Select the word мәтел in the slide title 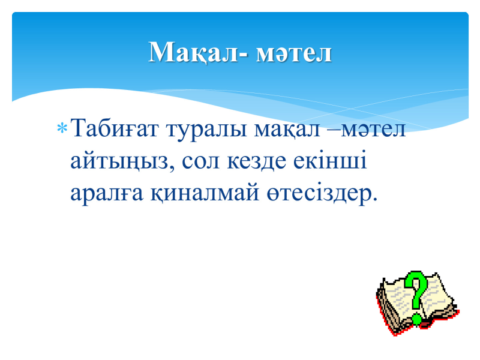coord(293,53)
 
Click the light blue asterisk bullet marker coord(62,128)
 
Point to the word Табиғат coord(115,128)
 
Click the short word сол coord(201,162)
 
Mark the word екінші coord(329,160)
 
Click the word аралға coord(107,193)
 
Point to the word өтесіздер coord(318,193)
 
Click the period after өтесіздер coord(374,199)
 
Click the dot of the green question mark coord(417,319)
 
